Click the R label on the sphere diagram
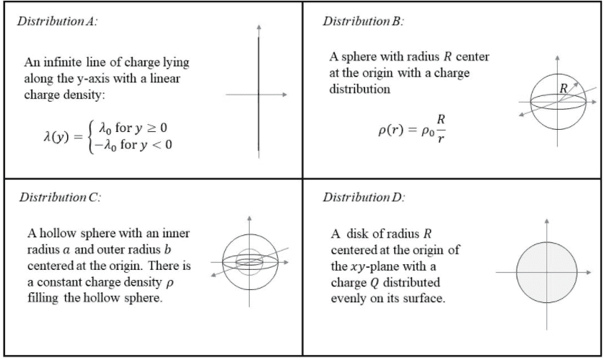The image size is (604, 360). [564, 88]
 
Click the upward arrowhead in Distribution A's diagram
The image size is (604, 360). [258, 30]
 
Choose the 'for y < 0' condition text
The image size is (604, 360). [144, 144]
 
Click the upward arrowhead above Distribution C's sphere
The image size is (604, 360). [249, 216]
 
